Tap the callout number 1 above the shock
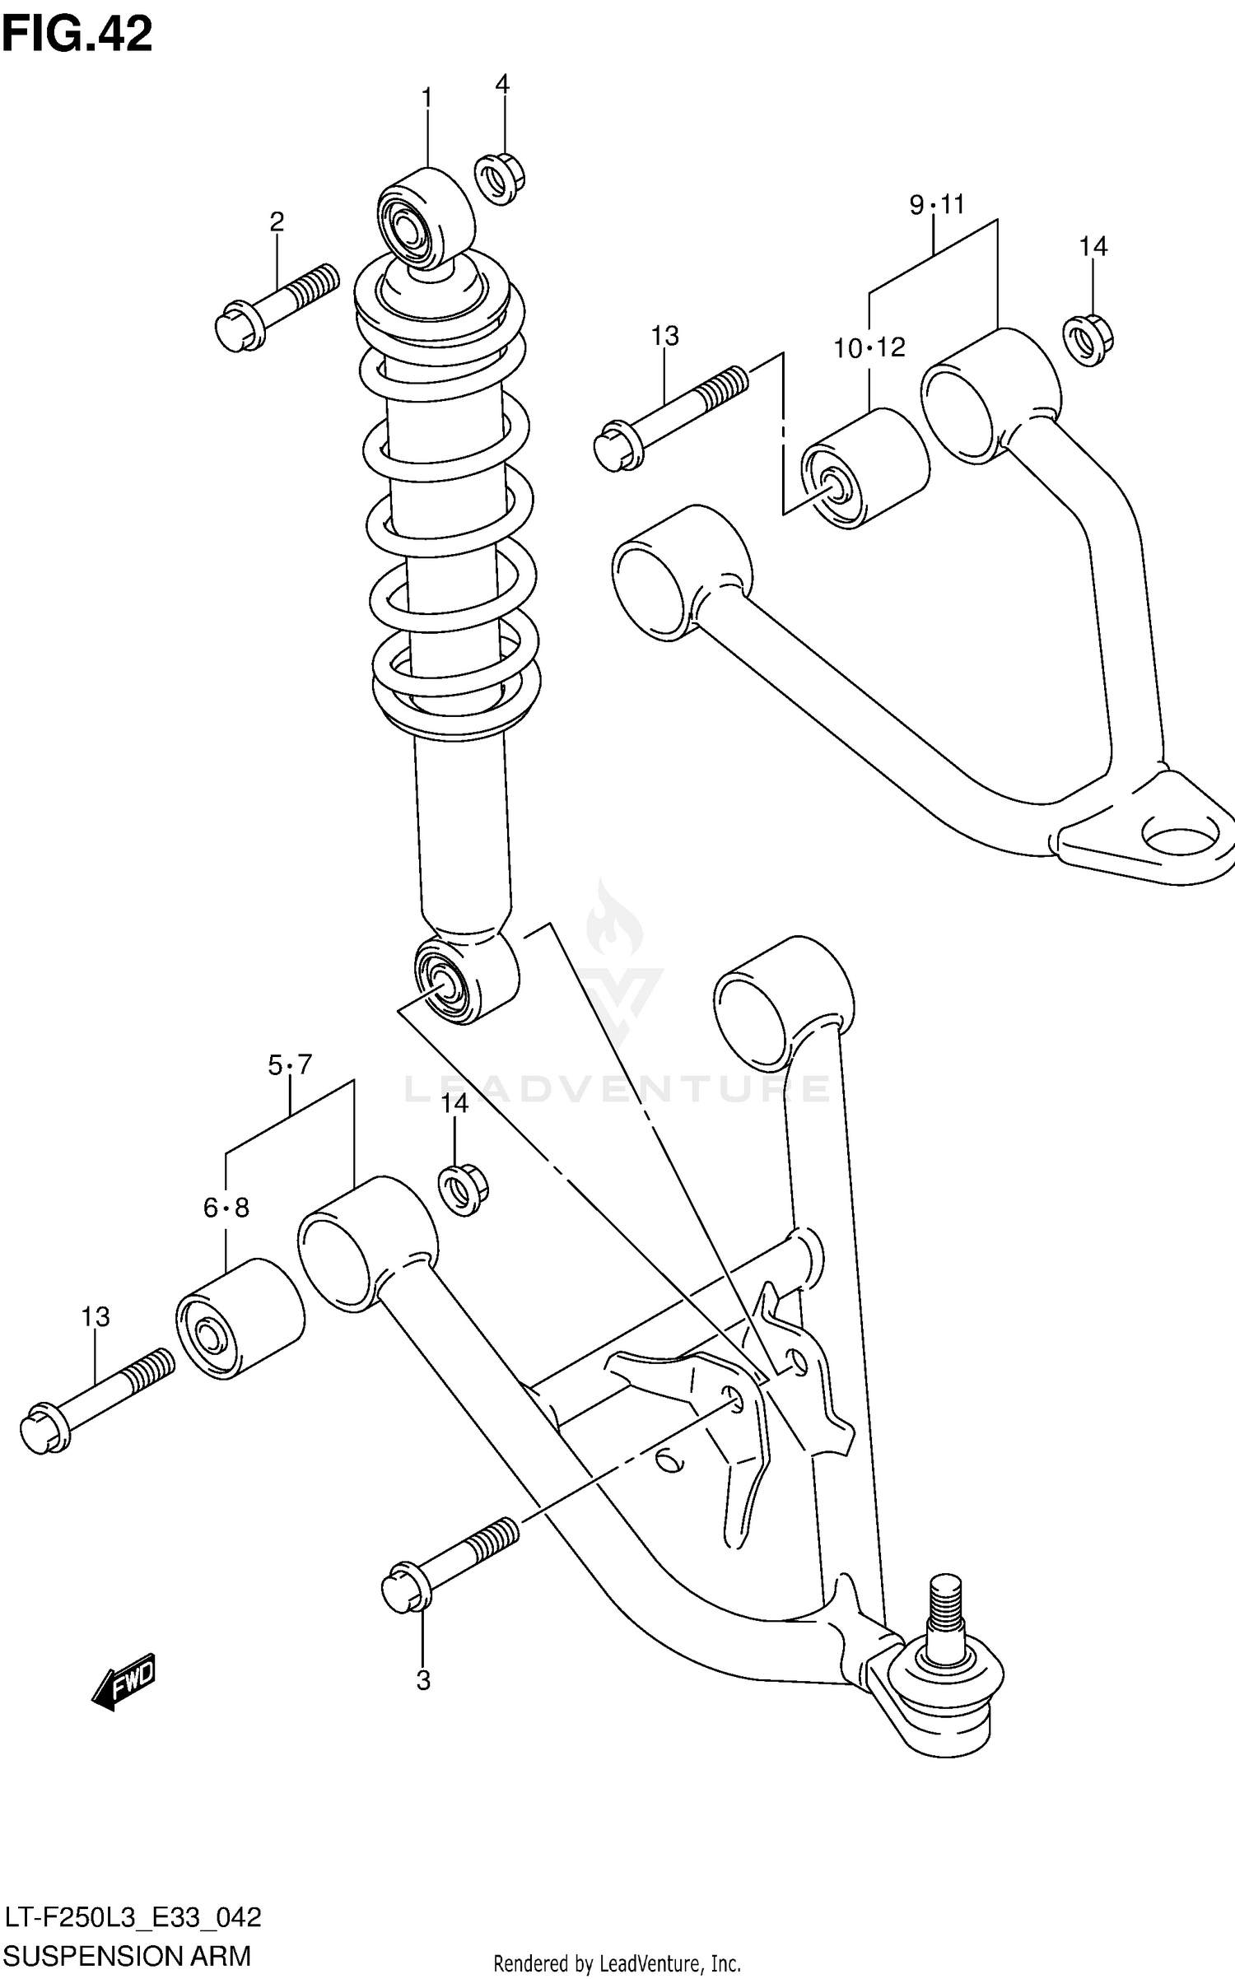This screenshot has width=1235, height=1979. tap(426, 100)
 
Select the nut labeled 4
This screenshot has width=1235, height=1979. tap(500, 177)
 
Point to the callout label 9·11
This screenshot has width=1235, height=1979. tap(936, 204)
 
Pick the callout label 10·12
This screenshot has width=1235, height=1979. tap(869, 348)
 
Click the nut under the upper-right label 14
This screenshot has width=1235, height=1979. tap(1087, 340)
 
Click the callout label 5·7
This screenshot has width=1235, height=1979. tap(290, 1065)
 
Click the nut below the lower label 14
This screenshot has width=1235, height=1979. tap(464, 1190)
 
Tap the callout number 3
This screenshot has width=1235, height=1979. tap(423, 1680)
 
